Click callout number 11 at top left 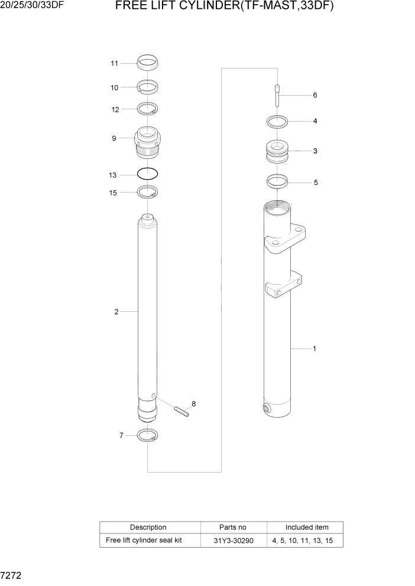point(114,63)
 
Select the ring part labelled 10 point(147,87)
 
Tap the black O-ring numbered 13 point(147,174)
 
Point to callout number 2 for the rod point(116,311)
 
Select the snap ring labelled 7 point(147,436)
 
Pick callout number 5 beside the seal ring point(316,183)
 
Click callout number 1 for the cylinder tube point(314,349)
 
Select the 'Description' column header point(148,527)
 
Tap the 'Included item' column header point(306,527)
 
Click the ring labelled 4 point(277,122)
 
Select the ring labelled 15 point(147,191)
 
